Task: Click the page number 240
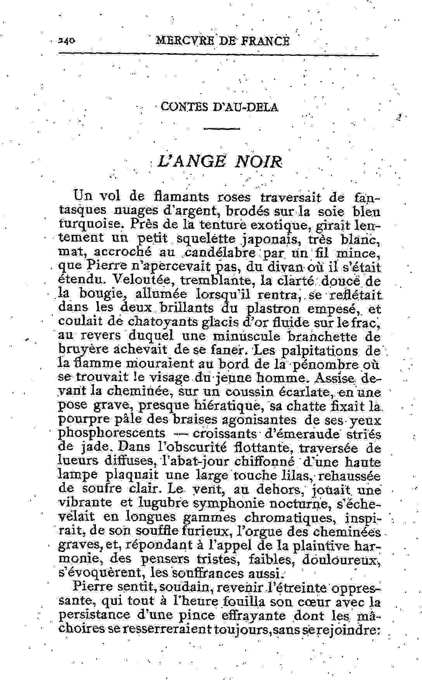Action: [67, 40]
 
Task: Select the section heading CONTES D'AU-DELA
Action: [219, 107]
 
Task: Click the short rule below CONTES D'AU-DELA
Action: [221, 129]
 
